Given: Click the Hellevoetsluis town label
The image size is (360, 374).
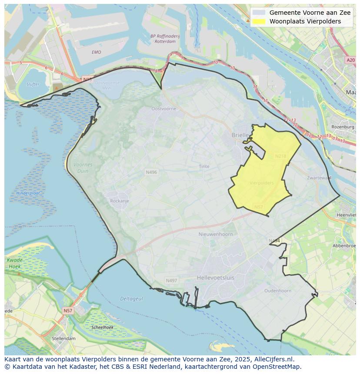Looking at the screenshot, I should [216, 277].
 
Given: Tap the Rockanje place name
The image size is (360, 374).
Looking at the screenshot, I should [120, 201].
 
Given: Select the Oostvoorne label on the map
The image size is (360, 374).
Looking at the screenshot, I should [164, 109].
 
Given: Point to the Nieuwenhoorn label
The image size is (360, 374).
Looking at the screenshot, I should [216, 234].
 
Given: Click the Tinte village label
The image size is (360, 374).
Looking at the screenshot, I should [204, 166].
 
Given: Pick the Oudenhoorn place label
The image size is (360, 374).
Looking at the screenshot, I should [278, 291].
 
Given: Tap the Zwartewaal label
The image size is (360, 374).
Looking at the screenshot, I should [319, 178].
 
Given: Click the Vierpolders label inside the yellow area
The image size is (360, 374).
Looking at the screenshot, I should [262, 183].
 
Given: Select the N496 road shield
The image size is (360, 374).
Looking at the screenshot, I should [151, 172].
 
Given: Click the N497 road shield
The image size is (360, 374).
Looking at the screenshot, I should [172, 281].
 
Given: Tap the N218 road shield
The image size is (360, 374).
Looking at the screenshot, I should [280, 156].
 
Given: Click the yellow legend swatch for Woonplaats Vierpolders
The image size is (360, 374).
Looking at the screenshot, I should [259, 21].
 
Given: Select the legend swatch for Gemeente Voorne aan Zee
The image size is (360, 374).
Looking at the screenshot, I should [259, 13].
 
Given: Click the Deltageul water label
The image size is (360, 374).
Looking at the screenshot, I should [131, 299].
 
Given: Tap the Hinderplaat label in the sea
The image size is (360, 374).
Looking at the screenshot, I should [28, 193].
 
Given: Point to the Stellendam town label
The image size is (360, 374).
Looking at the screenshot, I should [63, 338].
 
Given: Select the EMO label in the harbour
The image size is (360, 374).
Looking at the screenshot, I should [96, 52].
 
